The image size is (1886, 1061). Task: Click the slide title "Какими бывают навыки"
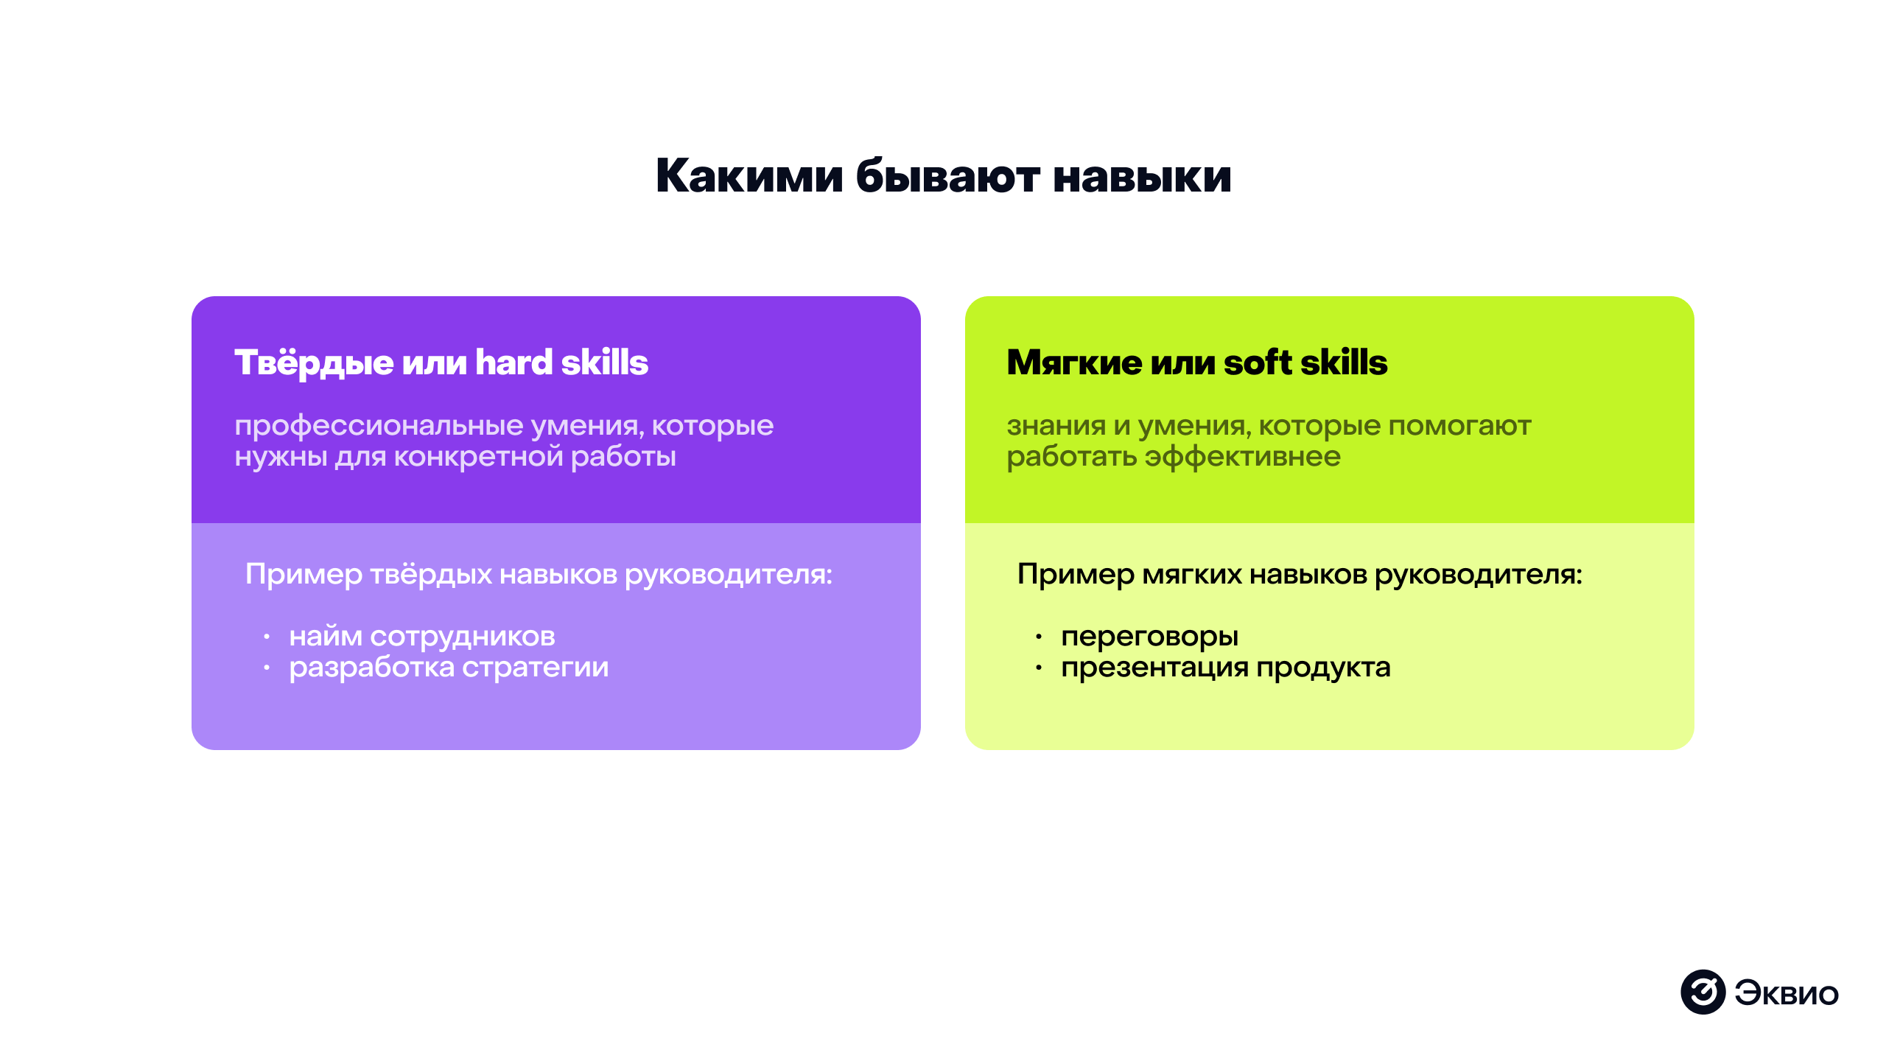pyautogui.click(x=943, y=177)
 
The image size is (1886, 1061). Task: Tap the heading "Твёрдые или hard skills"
pyautogui.click(x=441, y=363)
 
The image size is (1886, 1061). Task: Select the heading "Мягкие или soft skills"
pyautogui.click(x=1196, y=363)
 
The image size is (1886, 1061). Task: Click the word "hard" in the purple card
pyautogui.click(x=513, y=363)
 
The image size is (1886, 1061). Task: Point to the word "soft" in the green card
pyautogui.click(x=1257, y=363)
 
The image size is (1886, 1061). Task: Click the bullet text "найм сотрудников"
pyautogui.click(x=422, y=637)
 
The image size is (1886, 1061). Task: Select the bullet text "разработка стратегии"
pyautogui.click(x=449, y=668)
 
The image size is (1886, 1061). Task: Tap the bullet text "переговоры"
pyautogui.click(x=1149, y=637)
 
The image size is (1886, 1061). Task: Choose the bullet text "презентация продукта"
pyautogui.click(x=1225, y=668)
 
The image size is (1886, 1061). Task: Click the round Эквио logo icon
pyautogui.click(x=1703, y=992)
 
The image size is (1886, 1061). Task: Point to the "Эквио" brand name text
pyautogui.click(x=1786, y=993)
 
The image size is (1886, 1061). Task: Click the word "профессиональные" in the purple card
pyautogui.click(x=379, y=426)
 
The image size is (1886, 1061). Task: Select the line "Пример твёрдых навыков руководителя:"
pyautogui.click(x=539, y=575)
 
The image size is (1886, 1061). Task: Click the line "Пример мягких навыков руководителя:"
pyautogui.click(x=1299, y=575)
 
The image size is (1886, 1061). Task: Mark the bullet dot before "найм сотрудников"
pyautogui.click(x=267, y=637)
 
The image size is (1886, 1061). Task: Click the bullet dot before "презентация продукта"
pyautogui.click(x=1039, y=668)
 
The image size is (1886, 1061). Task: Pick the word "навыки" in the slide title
pyautogui.click(x=1142, y=177)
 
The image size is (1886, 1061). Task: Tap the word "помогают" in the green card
pyautogui.click(x=1459, y=426)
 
